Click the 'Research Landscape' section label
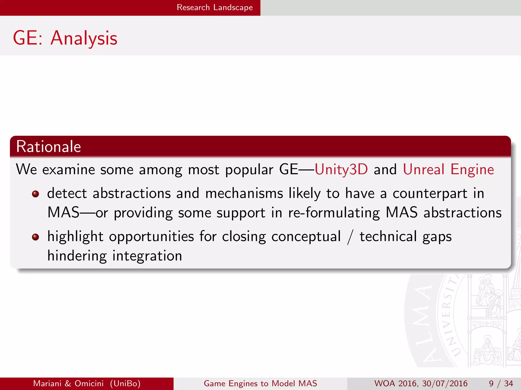tap(215, 7)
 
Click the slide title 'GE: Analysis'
tap(65, 38)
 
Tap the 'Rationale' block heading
tap(48, 147)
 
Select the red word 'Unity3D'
tap(341, 169)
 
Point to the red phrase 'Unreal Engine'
tap(448, 169)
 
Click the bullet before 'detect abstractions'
tap(35, 194)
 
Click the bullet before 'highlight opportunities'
tap(35, 237)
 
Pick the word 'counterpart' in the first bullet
tap(430, 193)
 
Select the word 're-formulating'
tap(334, 213)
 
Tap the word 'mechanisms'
tap(244, 193)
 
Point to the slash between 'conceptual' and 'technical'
tap(350, 237)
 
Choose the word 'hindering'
tap(77, 256)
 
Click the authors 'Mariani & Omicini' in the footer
tap(68, 383)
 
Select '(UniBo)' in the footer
tap(125, 383)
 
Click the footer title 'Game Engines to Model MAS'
tap(260, 383)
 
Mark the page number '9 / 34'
tap(501, 383)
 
